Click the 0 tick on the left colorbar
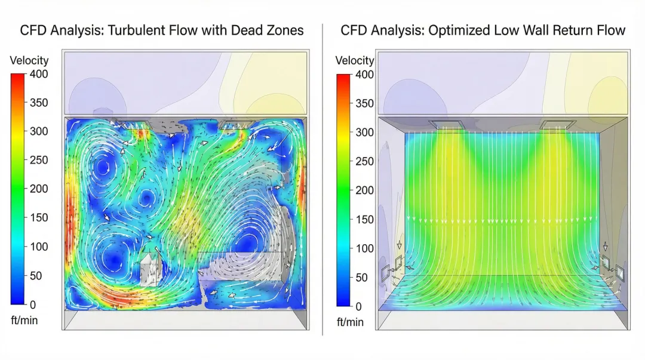coord(33,304)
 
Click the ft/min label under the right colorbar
coord(350,322)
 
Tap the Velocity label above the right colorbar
coord(355,60)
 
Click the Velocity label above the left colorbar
coord(29,60)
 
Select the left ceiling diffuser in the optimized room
coord(446,125)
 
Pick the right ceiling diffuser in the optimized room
coord(557,125)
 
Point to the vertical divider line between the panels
coord(322,179)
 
